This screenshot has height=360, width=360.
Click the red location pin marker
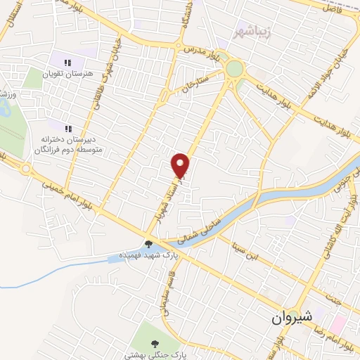point(182,165)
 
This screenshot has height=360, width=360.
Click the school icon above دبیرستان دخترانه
point(69,129)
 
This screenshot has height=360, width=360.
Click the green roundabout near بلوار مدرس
point(234,69)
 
